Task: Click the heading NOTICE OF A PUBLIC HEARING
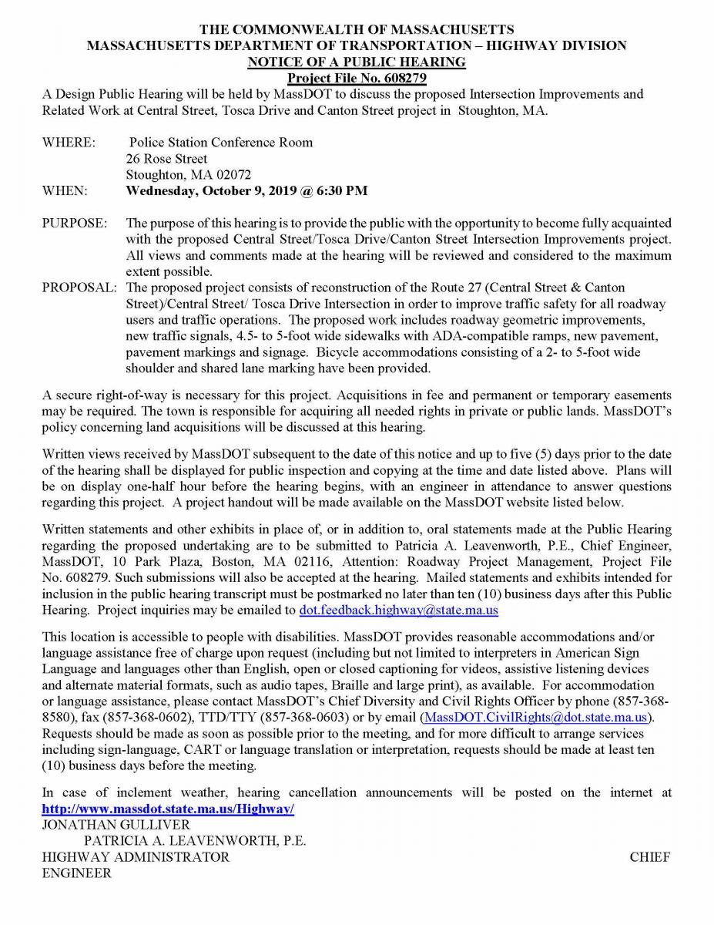[x=357, y=62]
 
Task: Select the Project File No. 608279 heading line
[x=357, y=78]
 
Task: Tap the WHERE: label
[x=69, y=143]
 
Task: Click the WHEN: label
[x=65, y=190]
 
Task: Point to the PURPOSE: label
[x=75, y=223]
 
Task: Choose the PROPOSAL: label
[x=79, y=288]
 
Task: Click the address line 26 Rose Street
[x=166, y=159]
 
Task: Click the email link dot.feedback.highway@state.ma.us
[x=398, y=610]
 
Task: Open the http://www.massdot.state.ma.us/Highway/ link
[x=168, y=809]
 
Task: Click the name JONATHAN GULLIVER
[x=116, y=825]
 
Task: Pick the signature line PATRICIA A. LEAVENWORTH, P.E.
[x=195, y=841]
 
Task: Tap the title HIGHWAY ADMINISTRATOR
[x=136, y=857]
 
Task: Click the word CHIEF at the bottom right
[x=649, y=857]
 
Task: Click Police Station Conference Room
[x=221, y=143]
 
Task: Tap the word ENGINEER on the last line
[x=76, y=873]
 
